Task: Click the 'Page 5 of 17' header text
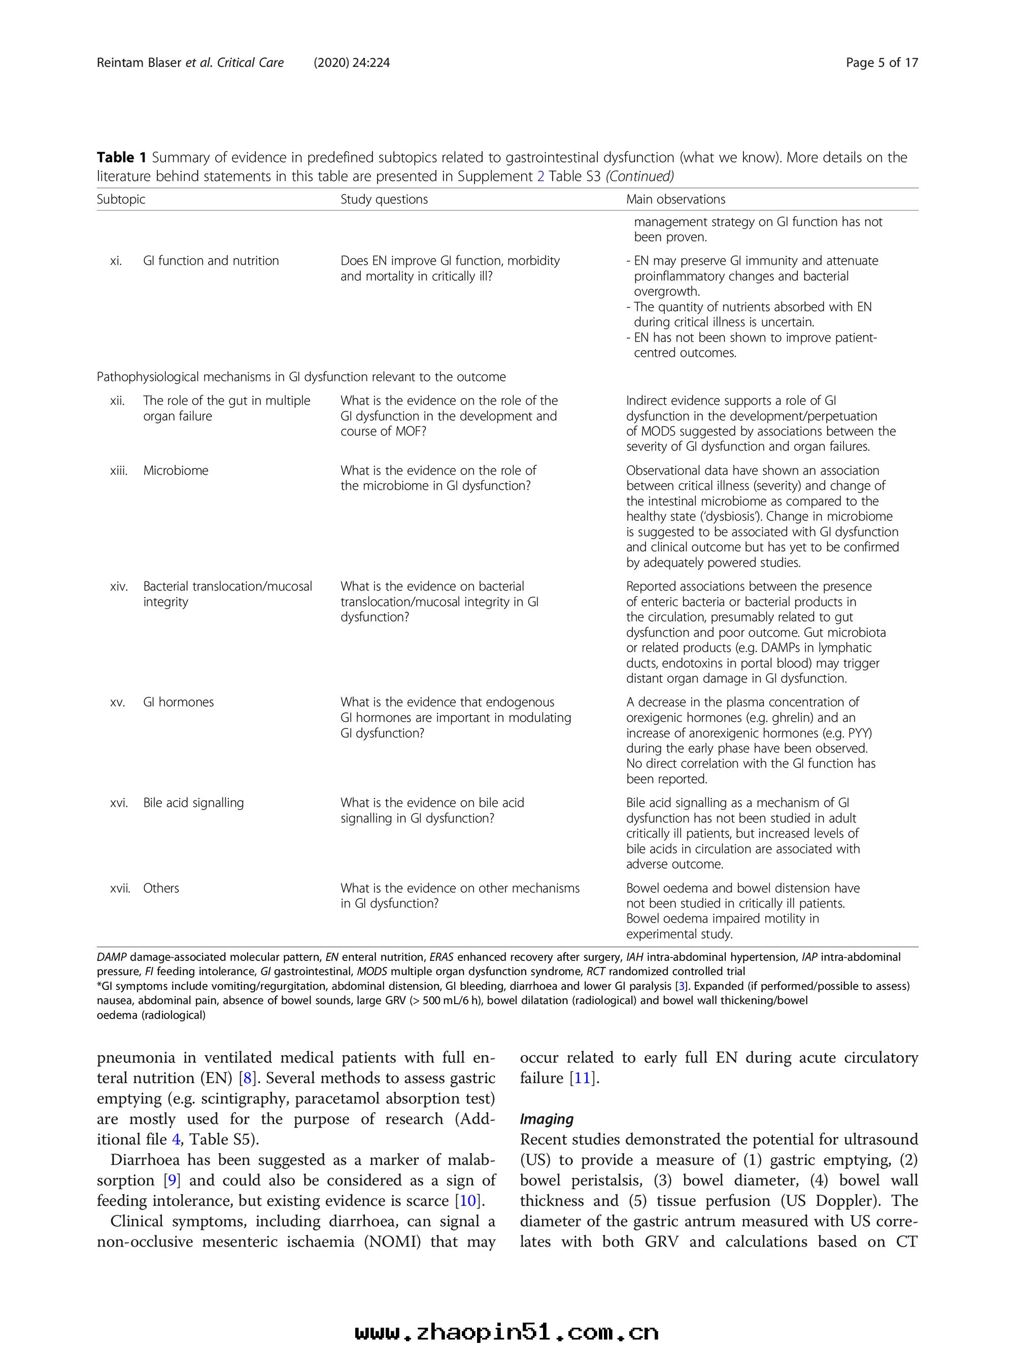882,62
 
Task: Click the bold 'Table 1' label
121,157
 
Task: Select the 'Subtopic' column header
121,199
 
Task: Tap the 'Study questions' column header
384,199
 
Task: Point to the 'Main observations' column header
675,199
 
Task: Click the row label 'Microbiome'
176,470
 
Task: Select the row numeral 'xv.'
117,702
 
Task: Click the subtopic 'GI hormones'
179,702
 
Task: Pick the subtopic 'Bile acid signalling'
193,803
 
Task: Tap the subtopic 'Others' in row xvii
161,888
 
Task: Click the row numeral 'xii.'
117,400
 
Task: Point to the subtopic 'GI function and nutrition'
211,261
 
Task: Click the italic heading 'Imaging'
546,1119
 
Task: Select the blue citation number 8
247,1078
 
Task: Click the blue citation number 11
582,1078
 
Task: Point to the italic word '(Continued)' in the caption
639,176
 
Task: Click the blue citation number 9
172,1181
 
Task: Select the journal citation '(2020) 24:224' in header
352,62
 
